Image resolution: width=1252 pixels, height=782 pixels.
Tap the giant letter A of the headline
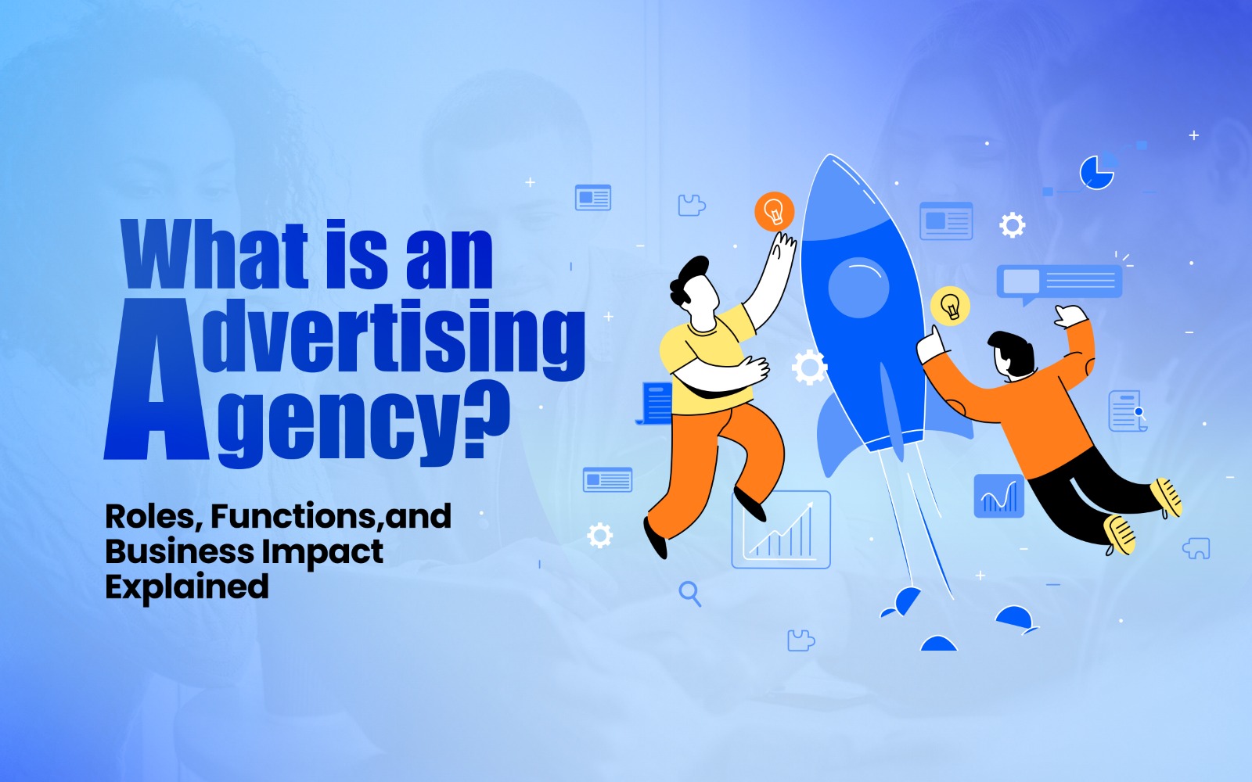[156, 383]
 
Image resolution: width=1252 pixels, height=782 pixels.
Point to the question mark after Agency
[485, 422]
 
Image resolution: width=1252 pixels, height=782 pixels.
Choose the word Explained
[187, 587]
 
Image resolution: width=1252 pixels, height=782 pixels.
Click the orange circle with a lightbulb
[774, 211]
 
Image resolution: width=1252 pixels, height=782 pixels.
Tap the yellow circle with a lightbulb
[950, 306]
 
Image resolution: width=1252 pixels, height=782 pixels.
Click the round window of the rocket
[858, 287]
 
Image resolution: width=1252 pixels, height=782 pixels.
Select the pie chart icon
[1096, 172]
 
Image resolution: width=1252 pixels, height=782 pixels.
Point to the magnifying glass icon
[689, 594]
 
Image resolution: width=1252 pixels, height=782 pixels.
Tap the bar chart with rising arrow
[780, 529]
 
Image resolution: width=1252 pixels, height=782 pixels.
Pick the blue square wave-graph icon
[999, 496]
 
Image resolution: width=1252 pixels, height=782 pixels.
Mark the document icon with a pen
[1127, 411]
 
